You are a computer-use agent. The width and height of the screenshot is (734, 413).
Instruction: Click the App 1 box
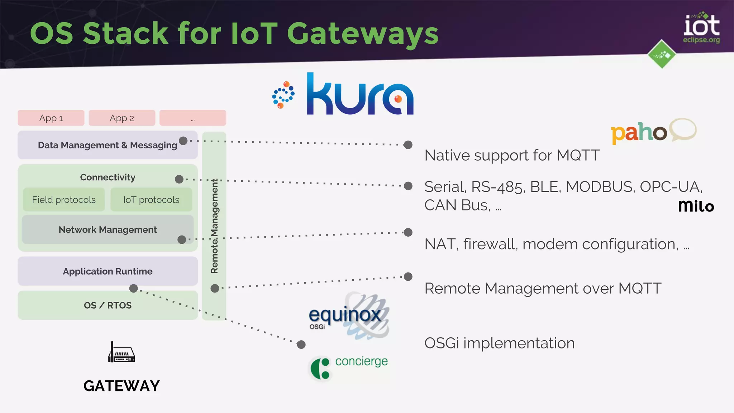[x=51, y=118]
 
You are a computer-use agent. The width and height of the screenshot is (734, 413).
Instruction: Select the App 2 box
[x=122, y=118]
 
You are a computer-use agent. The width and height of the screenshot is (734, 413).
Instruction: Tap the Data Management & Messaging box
[x=108, y=145]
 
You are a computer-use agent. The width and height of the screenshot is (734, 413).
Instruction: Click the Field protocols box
[x=64, y=200]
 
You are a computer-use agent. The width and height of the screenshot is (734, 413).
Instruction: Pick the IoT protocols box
[x=151, y=200]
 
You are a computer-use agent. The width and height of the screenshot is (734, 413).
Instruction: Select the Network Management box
[x=108, y=229]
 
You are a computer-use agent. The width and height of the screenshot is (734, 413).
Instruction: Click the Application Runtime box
[x=108, y=271]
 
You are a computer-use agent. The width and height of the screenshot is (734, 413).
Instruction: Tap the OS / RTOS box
[x=108, y=305]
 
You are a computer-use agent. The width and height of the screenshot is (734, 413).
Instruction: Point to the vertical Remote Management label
[x=214, y=226]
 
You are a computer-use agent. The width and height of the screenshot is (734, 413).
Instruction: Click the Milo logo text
[x=696, y=206]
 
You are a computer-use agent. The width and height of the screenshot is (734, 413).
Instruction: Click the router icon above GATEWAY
[x=121, y=353]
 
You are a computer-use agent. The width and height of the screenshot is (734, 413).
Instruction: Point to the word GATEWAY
[x=121, y=386]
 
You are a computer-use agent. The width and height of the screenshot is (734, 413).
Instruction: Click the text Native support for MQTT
[x=512, y=156]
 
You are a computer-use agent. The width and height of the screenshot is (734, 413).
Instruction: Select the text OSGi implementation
[x=499, y=343]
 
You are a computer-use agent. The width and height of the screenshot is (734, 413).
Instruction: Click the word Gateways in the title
[x=362, y=34]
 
